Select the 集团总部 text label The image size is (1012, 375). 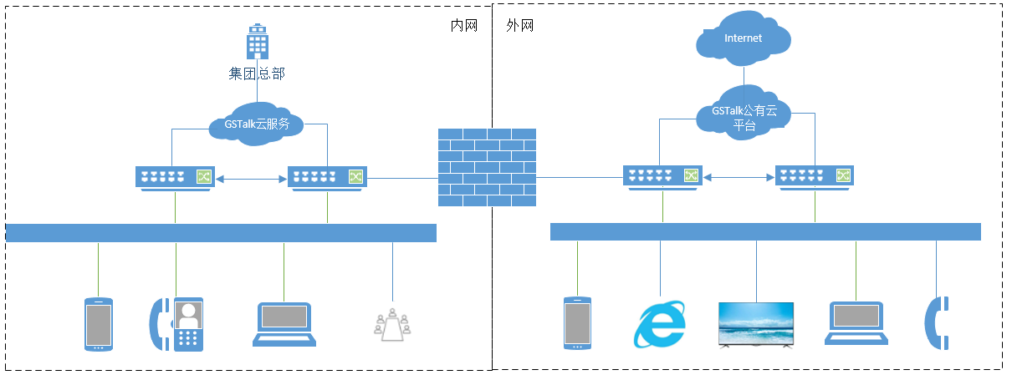pyautogui.click(x=257, y=73)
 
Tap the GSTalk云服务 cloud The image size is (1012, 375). pyautogui.click(x=256, y=124)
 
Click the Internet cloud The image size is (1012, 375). pyautogui.click(x=744, y=39)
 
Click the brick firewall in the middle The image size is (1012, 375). pyautogui.click(x=487, y=167)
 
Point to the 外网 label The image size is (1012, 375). pyautogui.click(x=520, y=26)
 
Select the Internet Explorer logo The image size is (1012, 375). pyautogui.click(x=659, y=323)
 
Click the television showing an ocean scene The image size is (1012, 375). pyautogui.click(x=756, y=323)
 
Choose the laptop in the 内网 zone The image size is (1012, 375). pyautogui.click(x=284, y=324)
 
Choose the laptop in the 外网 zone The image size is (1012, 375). pyautogui.click(x=856, y=324)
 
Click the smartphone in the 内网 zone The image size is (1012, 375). pyautogui.click(x=98, y=324)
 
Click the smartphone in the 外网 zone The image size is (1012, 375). pyautogui.click(x=577, y=323)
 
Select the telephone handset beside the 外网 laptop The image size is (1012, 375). pyautogui.click(x=935, y=322)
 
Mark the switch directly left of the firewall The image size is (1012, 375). pyautogui.click(x=327, y=177)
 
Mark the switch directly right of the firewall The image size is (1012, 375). pyautogui.click(x=662, y=176)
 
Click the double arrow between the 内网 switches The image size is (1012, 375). pyautogui.click(x=251, y=178)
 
